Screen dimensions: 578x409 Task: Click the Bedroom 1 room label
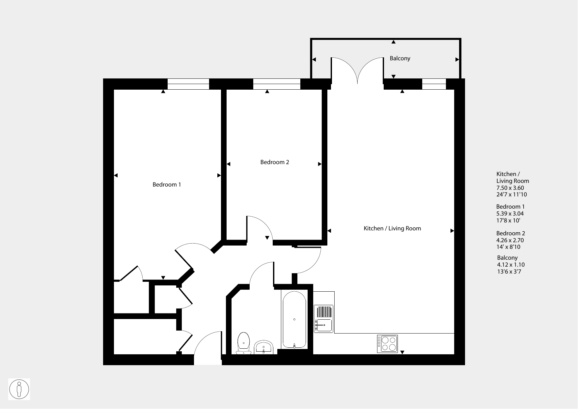point(167,185)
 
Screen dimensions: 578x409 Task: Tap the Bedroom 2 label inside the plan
point(275,162)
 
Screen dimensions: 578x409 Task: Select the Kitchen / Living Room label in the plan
point(392,228)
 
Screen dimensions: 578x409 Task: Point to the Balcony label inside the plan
point(400,58)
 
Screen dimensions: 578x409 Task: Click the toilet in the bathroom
point(244,343)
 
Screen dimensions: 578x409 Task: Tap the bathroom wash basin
point(263,347)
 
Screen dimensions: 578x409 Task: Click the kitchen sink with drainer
point(324,319)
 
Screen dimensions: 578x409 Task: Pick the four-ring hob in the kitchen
point(387,344)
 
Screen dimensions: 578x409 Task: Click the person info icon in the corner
point(19,389)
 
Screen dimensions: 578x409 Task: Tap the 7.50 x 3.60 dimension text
point(510,188)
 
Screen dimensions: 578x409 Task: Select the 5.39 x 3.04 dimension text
point(510,214)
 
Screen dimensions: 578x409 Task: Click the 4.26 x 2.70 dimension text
point(510,240)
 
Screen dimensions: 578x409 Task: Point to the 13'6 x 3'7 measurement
point(509,272)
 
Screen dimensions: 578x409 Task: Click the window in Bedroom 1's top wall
point(188,84)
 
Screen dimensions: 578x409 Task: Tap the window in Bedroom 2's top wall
point(277,84)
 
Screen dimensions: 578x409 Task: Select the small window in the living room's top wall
point(434,84)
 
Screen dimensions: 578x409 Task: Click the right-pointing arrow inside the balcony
point(457,60)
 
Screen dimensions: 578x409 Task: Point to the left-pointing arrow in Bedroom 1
point(116,176)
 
